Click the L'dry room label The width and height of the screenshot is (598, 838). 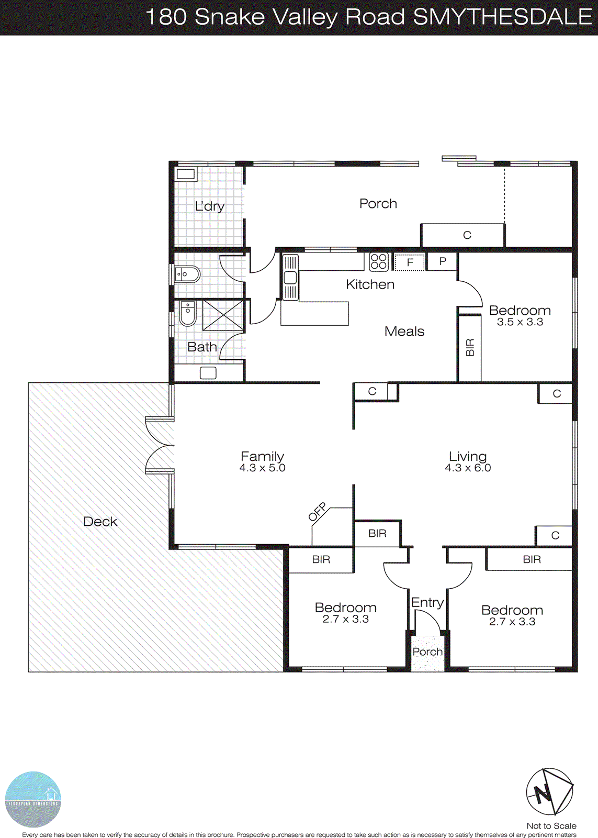pyautogui.click(x=209, y=206)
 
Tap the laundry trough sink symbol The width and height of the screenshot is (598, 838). pyautogui.click(x=186, y=174)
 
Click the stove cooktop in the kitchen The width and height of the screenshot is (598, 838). pyautogui.click(x=378, y=262)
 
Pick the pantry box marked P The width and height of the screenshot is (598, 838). pyautogui.click(x=443, y=261)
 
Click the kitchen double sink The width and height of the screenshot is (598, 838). pyautogui.click(x=290, y=278)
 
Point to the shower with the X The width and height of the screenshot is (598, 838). pyautogui.click(x=223, y=315)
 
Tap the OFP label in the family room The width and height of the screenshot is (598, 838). pyautogui.click(x=318, y=512)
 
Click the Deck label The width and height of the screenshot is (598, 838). pyautogui.click(x=100, y=522)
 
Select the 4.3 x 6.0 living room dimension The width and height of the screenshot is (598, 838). pyautogui.click(x=468, y=468)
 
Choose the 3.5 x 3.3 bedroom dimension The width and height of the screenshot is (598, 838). pyautogui.click(x=520, y=322)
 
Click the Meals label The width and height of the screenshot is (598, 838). pyautogui.click(x=404, y=332)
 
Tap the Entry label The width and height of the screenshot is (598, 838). pyautogui.click(x=427, y=603)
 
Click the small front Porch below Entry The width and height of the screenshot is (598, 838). pyautogui.click(x=427, y=652)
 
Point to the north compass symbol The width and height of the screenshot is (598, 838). pyautogui.click(x=549, y=791)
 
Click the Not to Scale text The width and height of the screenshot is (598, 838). pyautogui.click(x=551, y=826)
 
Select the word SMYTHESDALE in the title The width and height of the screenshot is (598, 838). pyautogui.click(x=502, y=17)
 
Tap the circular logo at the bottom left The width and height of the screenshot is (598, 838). pyautogui.click(x=33, y=799)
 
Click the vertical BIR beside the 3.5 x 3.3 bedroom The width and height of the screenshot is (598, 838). pyautogui.click(x=470, y=348)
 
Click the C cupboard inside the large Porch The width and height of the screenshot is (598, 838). pyautogui.click(x=467, y=236)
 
